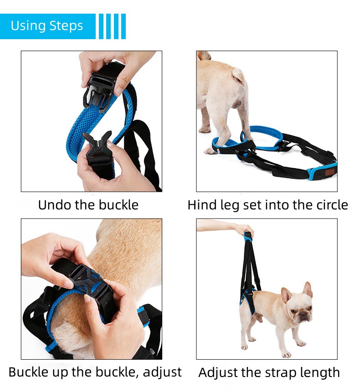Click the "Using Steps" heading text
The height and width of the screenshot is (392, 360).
click(47, 25)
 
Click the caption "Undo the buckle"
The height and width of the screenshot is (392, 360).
click(88, 205)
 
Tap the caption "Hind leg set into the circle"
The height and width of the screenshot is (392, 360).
click(267, 205)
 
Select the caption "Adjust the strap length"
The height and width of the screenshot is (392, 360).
click(269, 372)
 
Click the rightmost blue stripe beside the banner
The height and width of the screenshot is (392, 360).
click(123, 26)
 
